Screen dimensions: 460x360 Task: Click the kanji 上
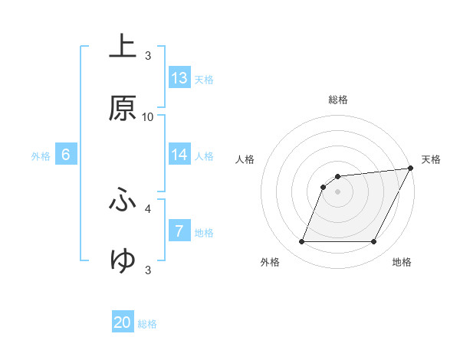[x=123, y=47]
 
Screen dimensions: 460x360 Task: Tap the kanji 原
[x=123, y=109]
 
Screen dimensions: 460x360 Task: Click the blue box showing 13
[x=179, y=78]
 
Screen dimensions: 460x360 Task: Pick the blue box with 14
[x=179, y=155]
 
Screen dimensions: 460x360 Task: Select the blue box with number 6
[x=66, y=155]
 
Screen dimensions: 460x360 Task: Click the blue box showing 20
[x=123, y=323]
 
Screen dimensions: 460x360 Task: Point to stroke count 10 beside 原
[x=148, y=116]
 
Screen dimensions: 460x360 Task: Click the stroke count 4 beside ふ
[x=148, y=208]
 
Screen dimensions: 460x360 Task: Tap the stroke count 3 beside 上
[x=148, y=55]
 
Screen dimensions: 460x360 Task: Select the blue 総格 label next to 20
[x=147, y=324]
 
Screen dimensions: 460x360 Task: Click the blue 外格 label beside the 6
[x=41, y=155]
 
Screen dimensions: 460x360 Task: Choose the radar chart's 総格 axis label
[x=338, y=100]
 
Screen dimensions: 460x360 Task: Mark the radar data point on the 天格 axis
[x=411, y=169]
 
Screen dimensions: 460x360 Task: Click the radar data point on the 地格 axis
[x=374, y=242]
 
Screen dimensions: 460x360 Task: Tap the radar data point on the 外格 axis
[x=301, y=242]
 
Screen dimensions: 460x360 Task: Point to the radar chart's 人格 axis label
[x=245, y=159]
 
